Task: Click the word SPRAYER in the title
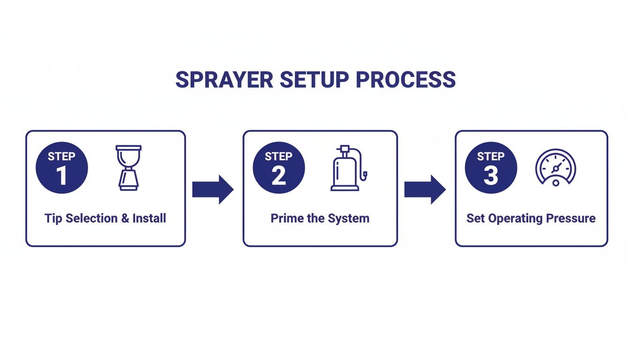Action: [x=223, y=80]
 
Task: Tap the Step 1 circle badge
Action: [x=61, y=167]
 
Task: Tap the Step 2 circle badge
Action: [x=278, y=167]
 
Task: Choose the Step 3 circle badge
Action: [x=491, y=167]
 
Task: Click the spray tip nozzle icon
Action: [x=128, y=167]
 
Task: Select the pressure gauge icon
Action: [x=555, y=166]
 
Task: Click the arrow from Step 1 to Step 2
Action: [x=213, y=189]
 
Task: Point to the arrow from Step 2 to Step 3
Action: [x=425, y=189]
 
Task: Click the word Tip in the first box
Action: [x=53, y=218]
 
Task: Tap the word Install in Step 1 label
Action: [x=149, y=218]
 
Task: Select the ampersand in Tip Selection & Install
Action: [x=124, y=218]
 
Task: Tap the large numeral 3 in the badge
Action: [x=491, y=176]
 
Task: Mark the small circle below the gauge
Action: [x=555, y=183]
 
